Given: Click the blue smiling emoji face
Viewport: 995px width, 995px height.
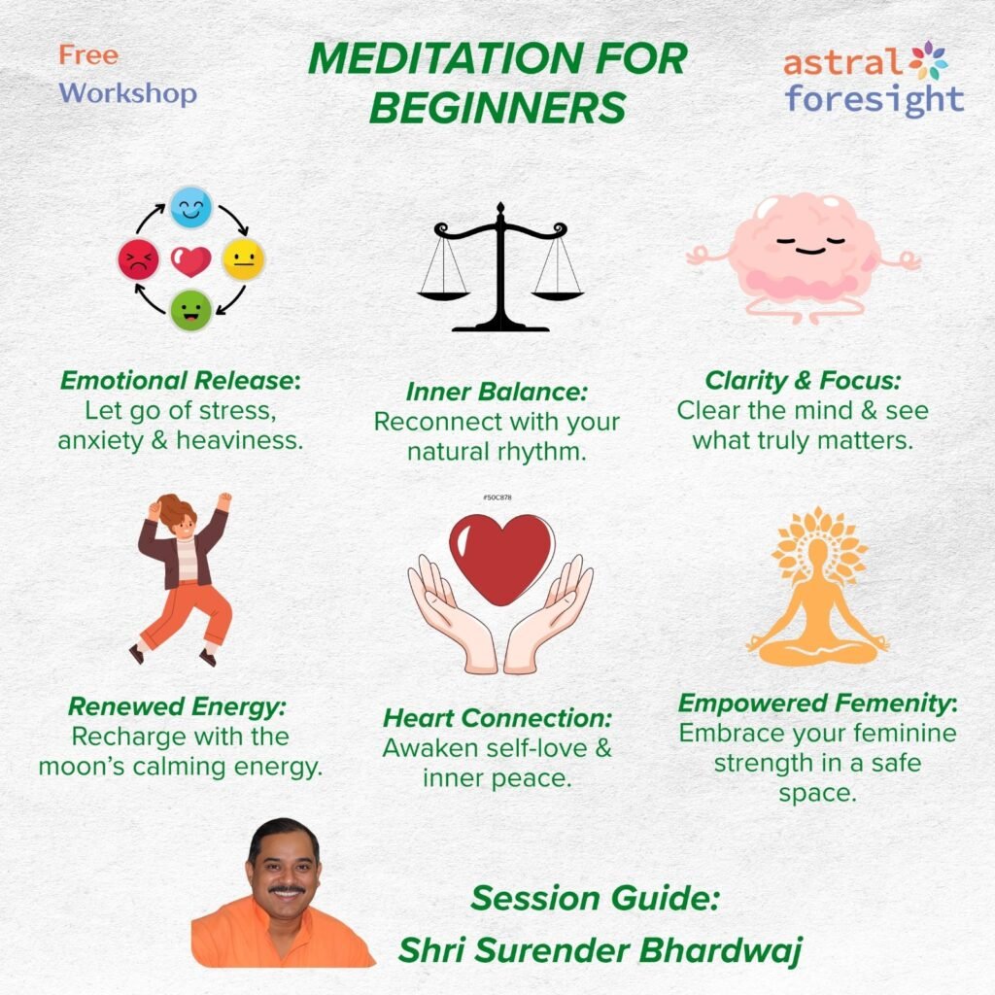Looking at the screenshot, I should (190, 208).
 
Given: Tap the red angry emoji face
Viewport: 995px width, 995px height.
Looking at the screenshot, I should (138, 260).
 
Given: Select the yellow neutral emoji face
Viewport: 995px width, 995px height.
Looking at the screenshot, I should (243, 259).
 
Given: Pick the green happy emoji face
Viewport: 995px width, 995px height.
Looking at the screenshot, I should (190, 311).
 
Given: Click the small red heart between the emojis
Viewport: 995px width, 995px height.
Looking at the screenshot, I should (190, 260).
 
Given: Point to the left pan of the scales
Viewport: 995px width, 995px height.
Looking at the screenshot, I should (442, 289).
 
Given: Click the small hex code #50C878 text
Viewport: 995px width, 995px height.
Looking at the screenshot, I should (497, 497).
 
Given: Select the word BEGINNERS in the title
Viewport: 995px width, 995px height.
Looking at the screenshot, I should (497, 109).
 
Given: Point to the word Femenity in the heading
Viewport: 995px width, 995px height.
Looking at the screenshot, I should (891, 703).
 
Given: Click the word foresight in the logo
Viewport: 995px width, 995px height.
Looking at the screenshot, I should (875, 99).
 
